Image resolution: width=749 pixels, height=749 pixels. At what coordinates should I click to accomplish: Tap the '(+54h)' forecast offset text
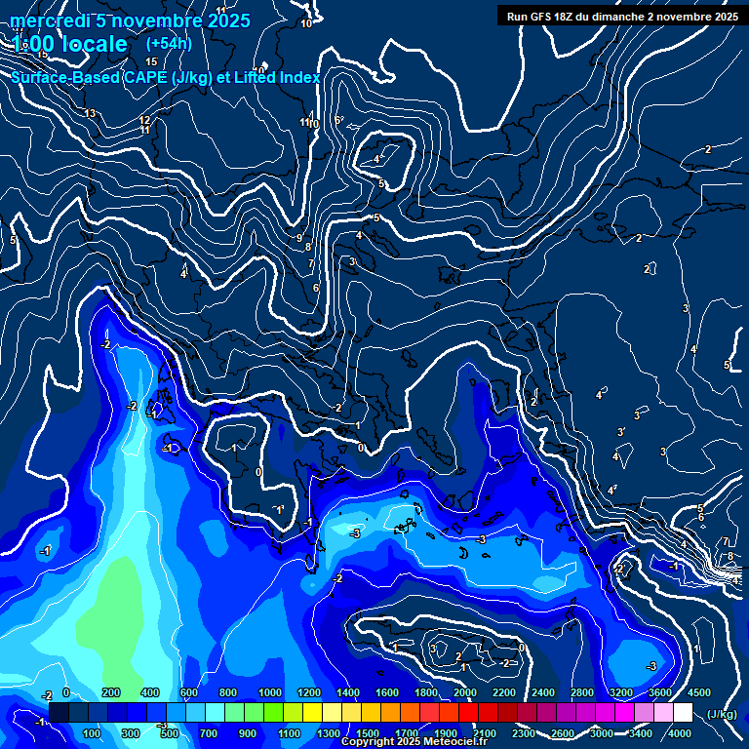point(169,44)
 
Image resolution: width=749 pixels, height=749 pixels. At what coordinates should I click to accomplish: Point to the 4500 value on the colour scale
point(698,692)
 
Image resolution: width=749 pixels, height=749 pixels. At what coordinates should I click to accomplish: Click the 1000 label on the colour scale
point(270,692)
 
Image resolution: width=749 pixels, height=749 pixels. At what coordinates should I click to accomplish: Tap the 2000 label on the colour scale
point(466,692)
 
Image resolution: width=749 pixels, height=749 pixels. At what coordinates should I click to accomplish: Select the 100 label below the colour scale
point(93,733)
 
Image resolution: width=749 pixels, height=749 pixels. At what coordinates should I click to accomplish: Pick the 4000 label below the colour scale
point(680,733)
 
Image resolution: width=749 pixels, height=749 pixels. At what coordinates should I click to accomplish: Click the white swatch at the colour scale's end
point(683,713)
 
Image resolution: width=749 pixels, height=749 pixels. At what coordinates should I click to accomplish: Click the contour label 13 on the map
point(90,114)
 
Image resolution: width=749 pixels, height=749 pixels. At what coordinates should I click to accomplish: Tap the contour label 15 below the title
point(151,61)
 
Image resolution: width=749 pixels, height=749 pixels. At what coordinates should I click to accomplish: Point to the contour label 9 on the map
point(299,238)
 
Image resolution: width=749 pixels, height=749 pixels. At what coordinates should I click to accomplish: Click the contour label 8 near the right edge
point(730,556)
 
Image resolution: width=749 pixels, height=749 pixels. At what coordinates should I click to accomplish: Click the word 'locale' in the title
point(94,45)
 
